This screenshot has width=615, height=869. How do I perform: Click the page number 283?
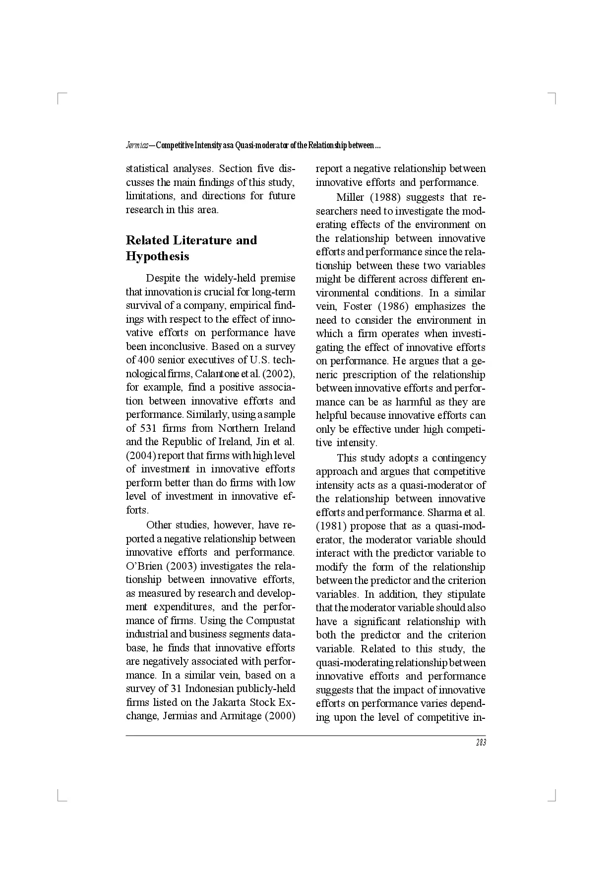coord(481,743)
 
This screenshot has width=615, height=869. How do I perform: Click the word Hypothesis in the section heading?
coord(157,256)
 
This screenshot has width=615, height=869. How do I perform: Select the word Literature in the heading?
coord(202,240)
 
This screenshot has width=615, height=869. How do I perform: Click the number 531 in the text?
coord(148,428)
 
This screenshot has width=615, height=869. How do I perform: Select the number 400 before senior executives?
coord(146,360)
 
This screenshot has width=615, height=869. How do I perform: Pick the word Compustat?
coord(270,621)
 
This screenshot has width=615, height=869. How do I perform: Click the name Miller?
coord(350,197)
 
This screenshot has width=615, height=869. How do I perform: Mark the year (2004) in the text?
coord(140,456)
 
